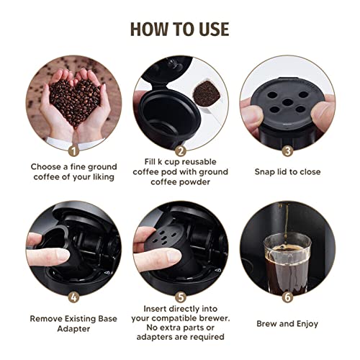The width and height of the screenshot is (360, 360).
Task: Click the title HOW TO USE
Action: pyautogui.click(x=179, y=28)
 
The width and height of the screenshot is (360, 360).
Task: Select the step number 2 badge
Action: pyautogui.click(x=181, y=152)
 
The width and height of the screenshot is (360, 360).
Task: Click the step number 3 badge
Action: pyautogui.click(x=287, y=152)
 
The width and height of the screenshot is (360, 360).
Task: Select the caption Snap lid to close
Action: pyautogui.click(x=287, y=171)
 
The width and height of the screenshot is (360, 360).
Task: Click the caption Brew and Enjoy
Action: pyautogui.click(x=287, y=323)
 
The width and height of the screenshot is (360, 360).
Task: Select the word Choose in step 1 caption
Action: pyautogui.click(x=47, y=166)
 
